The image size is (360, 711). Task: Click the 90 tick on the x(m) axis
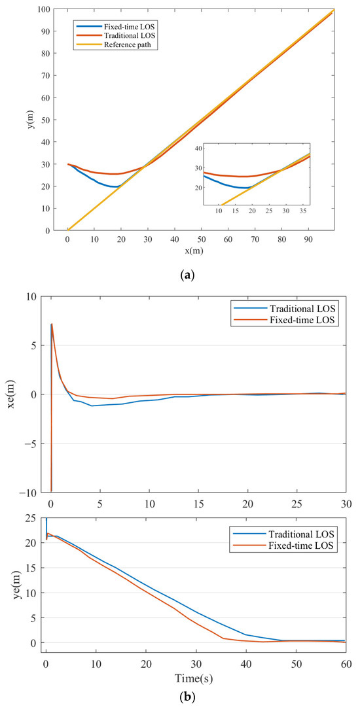[307, 240]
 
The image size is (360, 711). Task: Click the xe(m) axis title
[12, 394]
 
